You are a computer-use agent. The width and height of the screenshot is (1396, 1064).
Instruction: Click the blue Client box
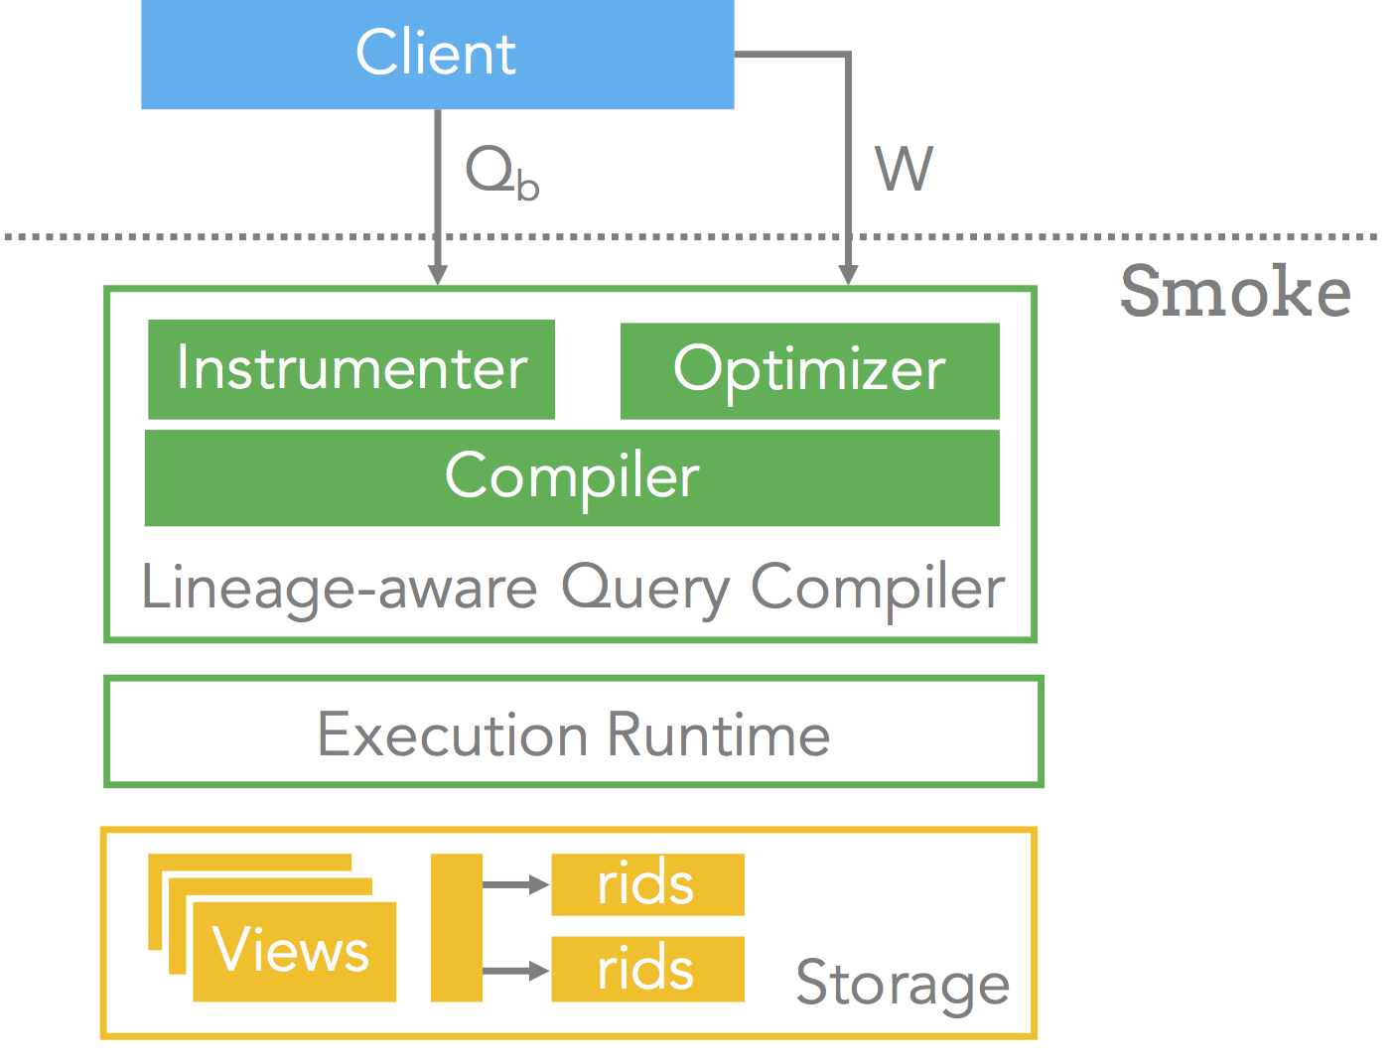(x=438, y=54)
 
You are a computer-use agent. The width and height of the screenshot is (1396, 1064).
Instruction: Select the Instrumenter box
(x=351, y=369)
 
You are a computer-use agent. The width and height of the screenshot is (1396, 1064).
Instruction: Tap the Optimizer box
(x=809, y=371)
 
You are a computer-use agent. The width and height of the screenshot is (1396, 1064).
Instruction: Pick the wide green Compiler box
(x=572, y=478)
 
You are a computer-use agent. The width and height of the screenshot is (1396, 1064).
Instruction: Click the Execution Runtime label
(x=574, y=734)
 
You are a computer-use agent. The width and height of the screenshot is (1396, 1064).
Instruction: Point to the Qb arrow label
(x=502, y=172)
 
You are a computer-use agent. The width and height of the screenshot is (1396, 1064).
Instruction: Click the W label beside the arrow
(x=904, y=169)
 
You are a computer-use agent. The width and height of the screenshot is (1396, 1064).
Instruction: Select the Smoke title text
(x=1236, y=291)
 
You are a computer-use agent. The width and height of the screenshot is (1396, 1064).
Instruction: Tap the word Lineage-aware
(x=340, y=589)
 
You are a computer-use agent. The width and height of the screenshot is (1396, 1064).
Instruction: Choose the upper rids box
(x=647, y=884)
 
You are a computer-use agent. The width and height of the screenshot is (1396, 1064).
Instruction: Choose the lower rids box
(x=647, y=969)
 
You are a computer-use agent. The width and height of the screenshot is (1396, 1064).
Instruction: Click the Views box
(x=295, y=952)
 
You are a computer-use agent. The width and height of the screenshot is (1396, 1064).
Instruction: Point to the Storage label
(x=903, y=984)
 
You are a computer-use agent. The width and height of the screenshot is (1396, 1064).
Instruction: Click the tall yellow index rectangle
(x=457, y=927)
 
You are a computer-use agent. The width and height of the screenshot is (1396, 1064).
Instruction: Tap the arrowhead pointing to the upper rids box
(x=539, y=884)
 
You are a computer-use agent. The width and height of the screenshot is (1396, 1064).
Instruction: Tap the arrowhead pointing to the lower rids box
(x=539, y=971)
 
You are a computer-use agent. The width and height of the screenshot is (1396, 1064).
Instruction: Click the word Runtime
(x=719, y=734)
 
